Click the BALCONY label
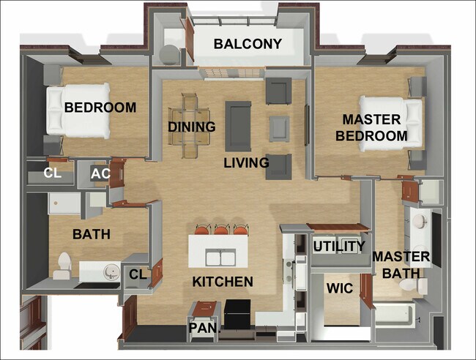tap(248, 44)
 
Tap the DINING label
tap(192, 127)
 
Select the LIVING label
tap(246, 162)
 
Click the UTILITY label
tap(339, 247)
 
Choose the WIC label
tap(341, 289)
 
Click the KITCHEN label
tap(223, 282)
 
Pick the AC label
tap(100, 174)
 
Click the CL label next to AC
tap(52, 174)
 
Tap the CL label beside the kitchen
tap(138, 274)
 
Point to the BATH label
tap(92, 235)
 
